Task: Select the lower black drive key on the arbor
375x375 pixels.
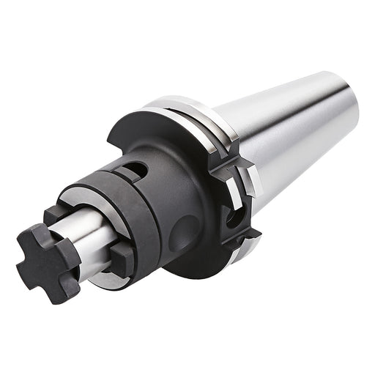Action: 120,256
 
